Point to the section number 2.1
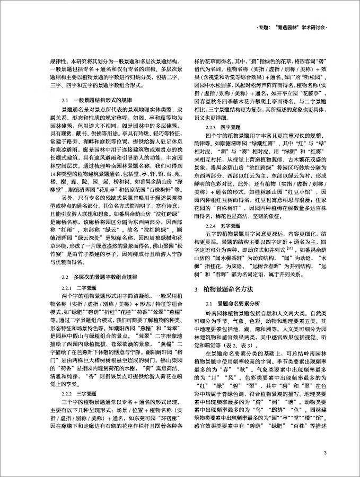click(66, 100)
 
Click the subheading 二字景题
click(88, 287)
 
